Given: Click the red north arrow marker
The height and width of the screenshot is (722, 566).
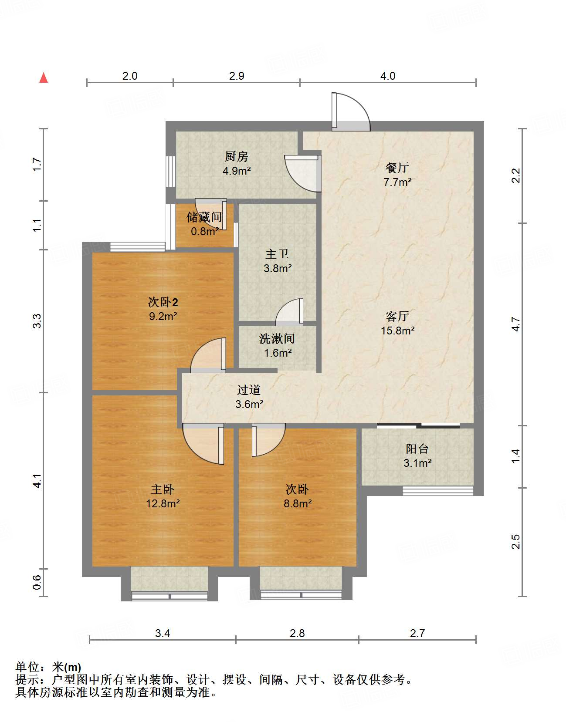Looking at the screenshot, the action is (44, 78).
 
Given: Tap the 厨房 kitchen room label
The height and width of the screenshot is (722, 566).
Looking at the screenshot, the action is (236, 156).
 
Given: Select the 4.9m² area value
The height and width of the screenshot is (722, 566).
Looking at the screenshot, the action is (236, 171).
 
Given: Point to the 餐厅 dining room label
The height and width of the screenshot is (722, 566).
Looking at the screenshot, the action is (397, 168).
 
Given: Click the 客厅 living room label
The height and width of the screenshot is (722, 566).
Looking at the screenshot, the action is (397, 316).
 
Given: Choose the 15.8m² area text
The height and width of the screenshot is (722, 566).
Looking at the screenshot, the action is (397, 331).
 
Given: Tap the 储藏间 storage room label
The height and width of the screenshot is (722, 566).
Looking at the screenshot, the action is (204, 217).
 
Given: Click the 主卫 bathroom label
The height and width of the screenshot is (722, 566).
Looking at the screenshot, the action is (277, 254).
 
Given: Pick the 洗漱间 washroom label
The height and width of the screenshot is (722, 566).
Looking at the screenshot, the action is (277, 339).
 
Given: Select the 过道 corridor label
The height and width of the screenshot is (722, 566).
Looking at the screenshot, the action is (249, 390).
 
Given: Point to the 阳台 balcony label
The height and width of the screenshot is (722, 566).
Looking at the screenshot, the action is (417, 449).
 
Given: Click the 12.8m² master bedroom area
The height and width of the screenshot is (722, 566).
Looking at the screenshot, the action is (163, 503).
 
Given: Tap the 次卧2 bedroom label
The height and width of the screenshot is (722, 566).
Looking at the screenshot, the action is (163, 302).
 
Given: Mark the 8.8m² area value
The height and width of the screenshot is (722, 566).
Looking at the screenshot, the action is (298, 503).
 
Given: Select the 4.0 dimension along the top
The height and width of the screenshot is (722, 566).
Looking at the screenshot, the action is (387, 76).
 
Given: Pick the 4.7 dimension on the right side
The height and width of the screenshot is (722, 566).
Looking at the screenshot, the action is (515, 324).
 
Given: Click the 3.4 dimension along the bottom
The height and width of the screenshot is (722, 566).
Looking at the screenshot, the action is (163, 633).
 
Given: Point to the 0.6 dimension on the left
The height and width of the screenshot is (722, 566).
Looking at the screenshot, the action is (37, 583).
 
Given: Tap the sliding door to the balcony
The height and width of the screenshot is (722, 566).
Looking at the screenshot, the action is (418, 425).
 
